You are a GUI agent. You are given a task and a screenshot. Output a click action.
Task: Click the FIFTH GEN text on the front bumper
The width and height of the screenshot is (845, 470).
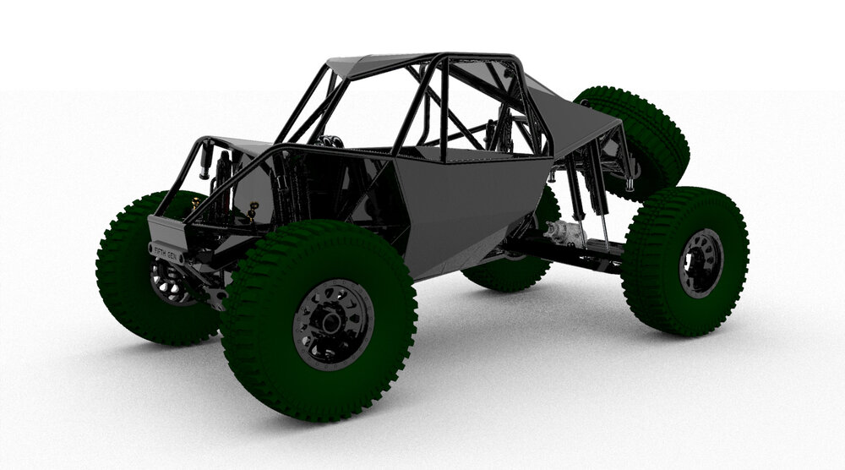(166, 251)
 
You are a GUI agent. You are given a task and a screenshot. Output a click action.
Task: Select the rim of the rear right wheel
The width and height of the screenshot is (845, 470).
(701, 262)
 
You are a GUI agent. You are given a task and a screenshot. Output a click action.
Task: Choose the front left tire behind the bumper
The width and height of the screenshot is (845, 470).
(127, 279)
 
